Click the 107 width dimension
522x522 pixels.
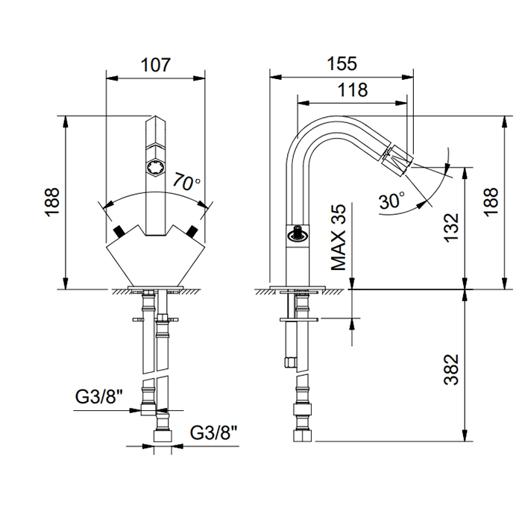click(x=156, y=64)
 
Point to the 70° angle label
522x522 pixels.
click(x=186, y=181)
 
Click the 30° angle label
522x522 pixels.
click(x=391, y=200)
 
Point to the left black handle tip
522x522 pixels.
click(x=117, y=229)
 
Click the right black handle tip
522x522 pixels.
click(x=194, y=229)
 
